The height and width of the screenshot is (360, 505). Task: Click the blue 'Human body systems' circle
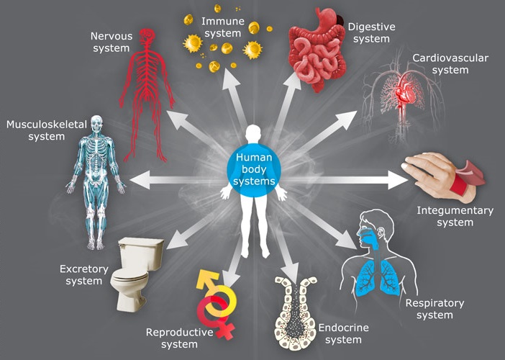254,169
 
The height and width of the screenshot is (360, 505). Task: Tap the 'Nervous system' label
112,42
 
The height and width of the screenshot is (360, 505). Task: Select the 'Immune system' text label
223,27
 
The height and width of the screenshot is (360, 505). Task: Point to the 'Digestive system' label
372,32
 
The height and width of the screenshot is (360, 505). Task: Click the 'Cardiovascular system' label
450,64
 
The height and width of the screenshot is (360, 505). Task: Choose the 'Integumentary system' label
455,216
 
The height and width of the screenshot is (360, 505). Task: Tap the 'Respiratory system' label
435,309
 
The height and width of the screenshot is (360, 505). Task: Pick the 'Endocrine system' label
343,333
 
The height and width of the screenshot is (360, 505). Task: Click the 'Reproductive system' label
179,338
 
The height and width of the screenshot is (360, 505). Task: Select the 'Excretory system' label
84,274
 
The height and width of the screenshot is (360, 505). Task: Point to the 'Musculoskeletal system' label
47,130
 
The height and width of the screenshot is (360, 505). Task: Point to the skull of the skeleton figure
96,123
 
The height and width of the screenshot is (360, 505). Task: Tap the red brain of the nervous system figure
147,34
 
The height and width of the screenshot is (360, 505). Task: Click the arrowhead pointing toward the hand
398,180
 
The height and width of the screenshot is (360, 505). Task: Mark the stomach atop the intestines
325,22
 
